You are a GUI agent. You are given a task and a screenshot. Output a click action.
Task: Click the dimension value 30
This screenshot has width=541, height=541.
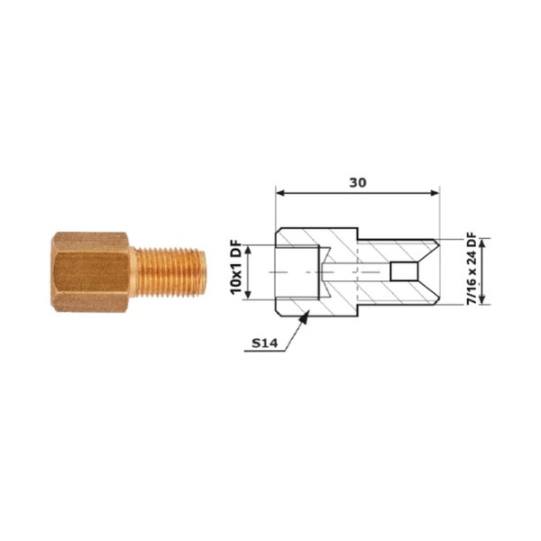point(357,182)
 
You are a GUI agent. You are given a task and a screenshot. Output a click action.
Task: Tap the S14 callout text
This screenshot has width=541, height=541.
point(264,343)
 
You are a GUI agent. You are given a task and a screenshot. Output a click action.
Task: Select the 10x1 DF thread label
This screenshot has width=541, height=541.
point(236,272)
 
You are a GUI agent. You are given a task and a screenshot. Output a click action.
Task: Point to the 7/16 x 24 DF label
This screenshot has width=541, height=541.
point(471,269)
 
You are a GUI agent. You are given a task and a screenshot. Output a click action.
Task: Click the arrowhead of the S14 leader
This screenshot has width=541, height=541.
point(305,317)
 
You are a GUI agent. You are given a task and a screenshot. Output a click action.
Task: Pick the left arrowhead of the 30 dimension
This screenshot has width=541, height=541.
point(280,193)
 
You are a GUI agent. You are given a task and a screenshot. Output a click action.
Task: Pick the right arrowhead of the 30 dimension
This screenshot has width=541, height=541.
point(435,193)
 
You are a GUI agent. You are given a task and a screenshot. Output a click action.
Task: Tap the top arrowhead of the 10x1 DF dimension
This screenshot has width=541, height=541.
point(248,250)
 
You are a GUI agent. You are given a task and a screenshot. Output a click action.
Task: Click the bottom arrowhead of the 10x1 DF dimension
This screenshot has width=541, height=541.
point(248,295)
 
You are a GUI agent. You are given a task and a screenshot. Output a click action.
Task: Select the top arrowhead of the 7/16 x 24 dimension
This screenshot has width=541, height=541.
point(482,243)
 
